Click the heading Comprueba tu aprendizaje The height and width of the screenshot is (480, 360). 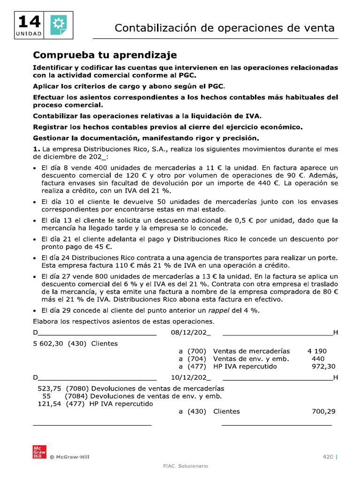105,55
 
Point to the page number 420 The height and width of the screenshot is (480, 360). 327,457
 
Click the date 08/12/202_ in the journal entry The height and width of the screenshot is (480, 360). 189,333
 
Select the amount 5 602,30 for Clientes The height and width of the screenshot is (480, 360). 48,343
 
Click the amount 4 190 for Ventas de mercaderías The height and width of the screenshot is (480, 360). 317,351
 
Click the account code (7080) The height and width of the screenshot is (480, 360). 76,388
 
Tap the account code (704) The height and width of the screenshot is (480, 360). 197,359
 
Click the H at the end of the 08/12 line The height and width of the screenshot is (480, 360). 335,333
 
